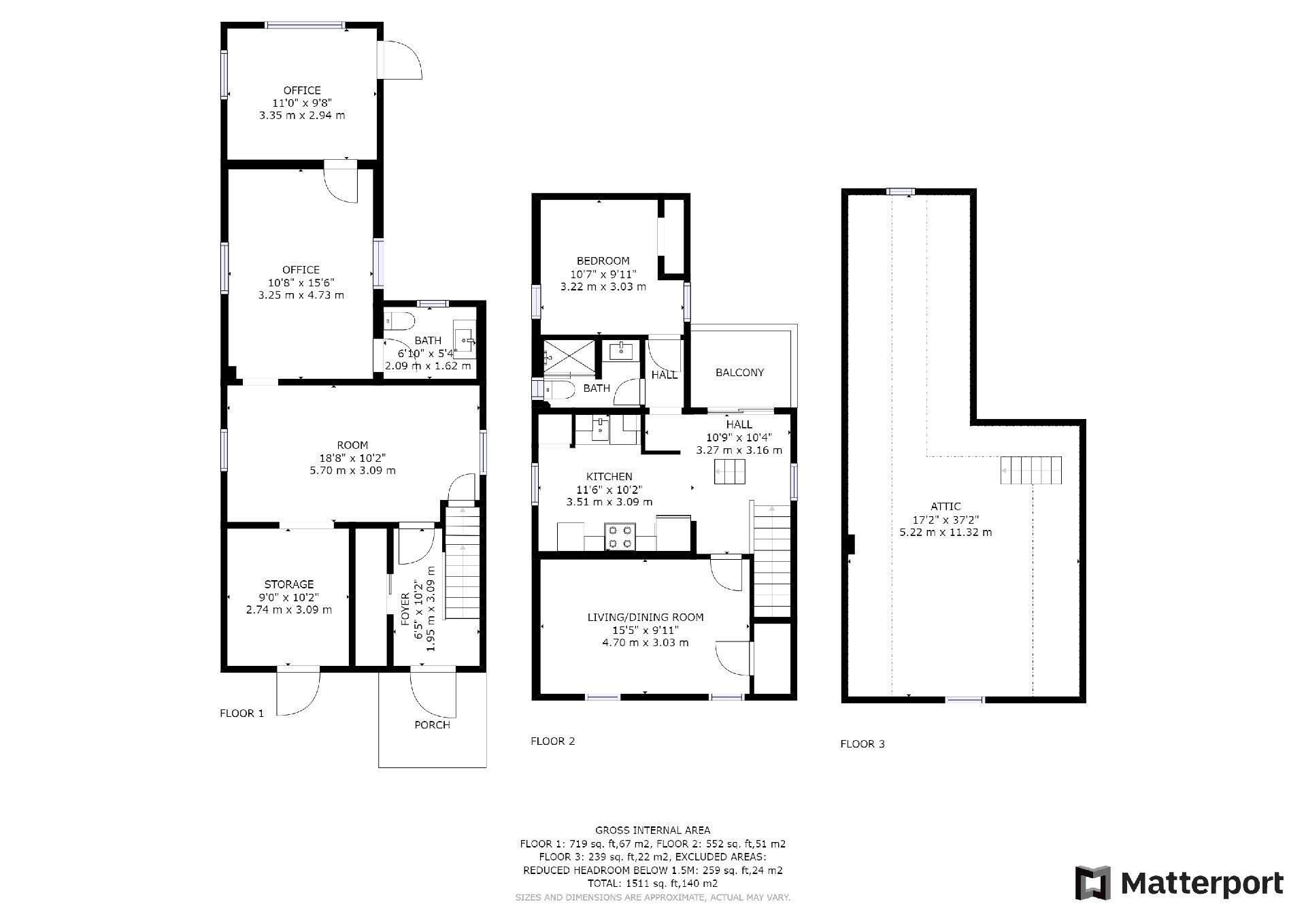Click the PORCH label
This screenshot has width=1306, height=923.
point(432,725)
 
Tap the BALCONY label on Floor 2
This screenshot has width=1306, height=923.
point(739,373)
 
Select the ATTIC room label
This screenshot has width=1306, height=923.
point(945,507)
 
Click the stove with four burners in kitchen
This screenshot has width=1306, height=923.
point(621,536)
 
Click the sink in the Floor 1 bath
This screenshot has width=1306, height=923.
point(466,339)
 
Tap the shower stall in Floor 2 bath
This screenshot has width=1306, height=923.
point(570,356)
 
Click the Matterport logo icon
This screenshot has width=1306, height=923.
point(1092,884)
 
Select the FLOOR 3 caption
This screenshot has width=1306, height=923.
point(862,744)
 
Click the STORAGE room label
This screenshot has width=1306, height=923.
point(289,584)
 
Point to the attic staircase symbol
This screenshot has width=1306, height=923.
point(1031,470)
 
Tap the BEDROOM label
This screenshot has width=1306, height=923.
point(603,261)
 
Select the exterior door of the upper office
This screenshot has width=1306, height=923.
point(401,60)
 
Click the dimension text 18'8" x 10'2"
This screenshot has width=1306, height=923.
point(352,458)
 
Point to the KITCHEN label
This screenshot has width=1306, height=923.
point(609,477)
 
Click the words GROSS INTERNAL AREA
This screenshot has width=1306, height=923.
point(652,830)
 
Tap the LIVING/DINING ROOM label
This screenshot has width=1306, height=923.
point(646,618)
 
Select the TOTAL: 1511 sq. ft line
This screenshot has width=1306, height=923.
point(652,884)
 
